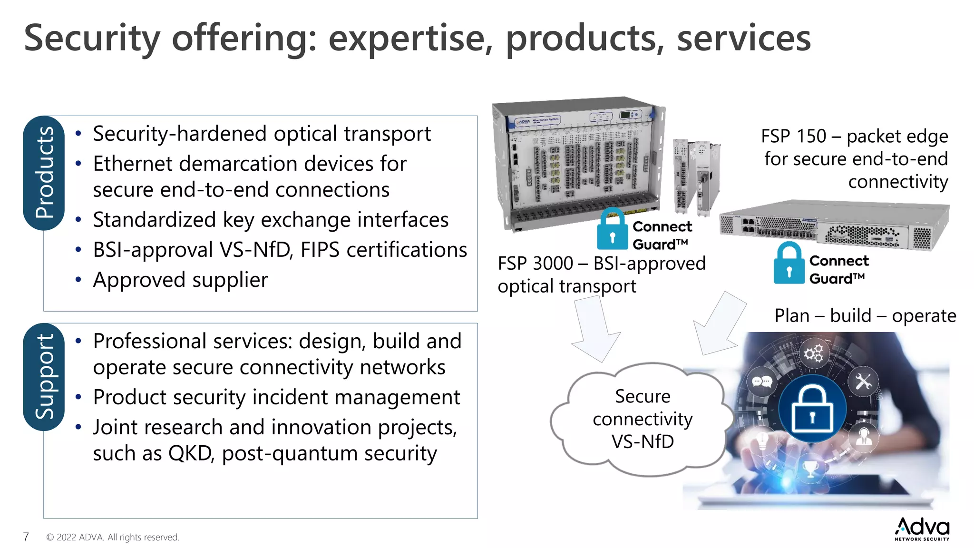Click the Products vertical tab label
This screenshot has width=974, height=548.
point(44,173)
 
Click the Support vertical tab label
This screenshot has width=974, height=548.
point(44,377)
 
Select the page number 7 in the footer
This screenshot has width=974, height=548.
point(26,537)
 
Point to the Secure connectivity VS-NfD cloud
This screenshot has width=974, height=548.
point(642,419)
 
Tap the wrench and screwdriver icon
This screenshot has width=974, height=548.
point(863,381)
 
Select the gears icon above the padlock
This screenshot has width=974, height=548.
point(813,353)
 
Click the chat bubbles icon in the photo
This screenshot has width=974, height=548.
point(761,382)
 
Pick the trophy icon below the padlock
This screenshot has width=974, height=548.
point(810,469)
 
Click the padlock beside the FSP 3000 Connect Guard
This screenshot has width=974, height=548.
point(613,230)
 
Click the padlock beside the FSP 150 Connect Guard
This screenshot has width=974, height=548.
point(789,264)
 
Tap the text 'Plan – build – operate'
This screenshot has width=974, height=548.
point(865,316)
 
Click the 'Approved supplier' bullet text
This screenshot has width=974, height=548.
point(180,280)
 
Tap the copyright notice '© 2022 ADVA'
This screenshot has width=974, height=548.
point(113,537)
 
